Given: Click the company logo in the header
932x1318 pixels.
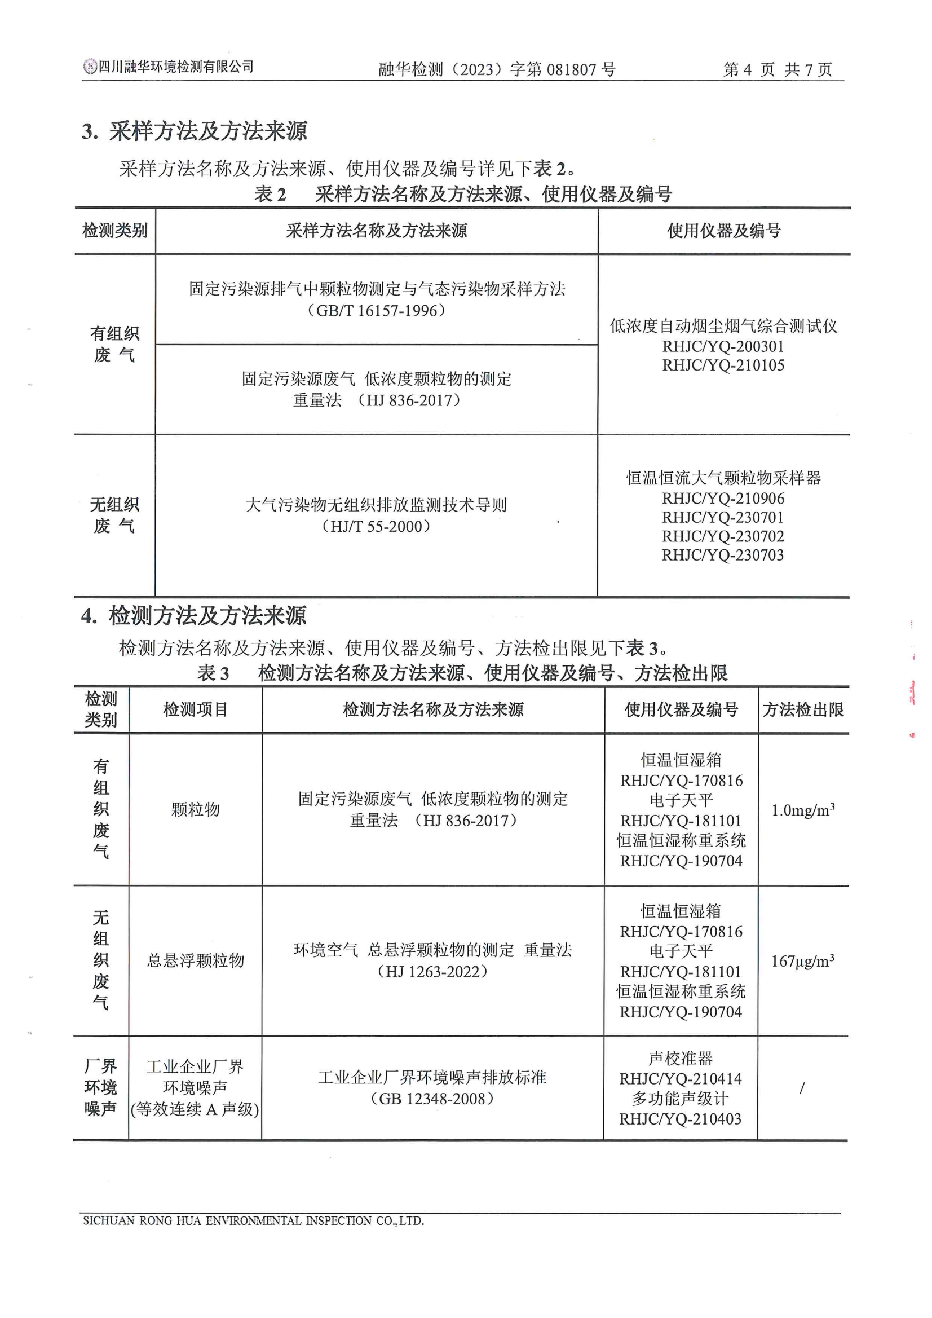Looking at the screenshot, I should coord(90,67).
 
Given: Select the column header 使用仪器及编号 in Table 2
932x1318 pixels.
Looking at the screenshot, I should coord(724,231).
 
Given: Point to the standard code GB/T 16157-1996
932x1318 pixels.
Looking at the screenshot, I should coord(377,311).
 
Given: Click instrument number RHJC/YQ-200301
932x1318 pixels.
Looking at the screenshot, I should coord(723,346).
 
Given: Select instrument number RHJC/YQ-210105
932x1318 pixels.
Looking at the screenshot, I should coord(723,365).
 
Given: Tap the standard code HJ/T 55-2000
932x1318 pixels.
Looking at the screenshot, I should coord(376,526).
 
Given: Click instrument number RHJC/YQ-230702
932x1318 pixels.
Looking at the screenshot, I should coord(722,536).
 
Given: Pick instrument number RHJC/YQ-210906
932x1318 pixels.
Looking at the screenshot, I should coord(722,499).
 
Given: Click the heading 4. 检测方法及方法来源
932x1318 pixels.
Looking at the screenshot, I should coord(193,616).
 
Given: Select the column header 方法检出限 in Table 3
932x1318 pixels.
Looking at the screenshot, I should coord(803,709).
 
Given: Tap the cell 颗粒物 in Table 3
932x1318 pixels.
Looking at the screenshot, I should coord(195,809).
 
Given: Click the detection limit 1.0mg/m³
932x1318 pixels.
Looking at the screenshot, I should coord(802,810).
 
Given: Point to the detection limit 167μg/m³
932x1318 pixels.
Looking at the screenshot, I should coord(802,961).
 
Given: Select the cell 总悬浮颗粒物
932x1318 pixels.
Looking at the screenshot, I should coord(195,960).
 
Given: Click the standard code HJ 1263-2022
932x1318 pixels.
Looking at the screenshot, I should coord(432,971).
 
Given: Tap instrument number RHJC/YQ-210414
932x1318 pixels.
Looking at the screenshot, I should coord(681,1079).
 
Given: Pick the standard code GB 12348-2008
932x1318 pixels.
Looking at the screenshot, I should coord(432,1099).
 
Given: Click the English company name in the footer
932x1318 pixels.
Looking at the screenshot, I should coord(253,1221).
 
